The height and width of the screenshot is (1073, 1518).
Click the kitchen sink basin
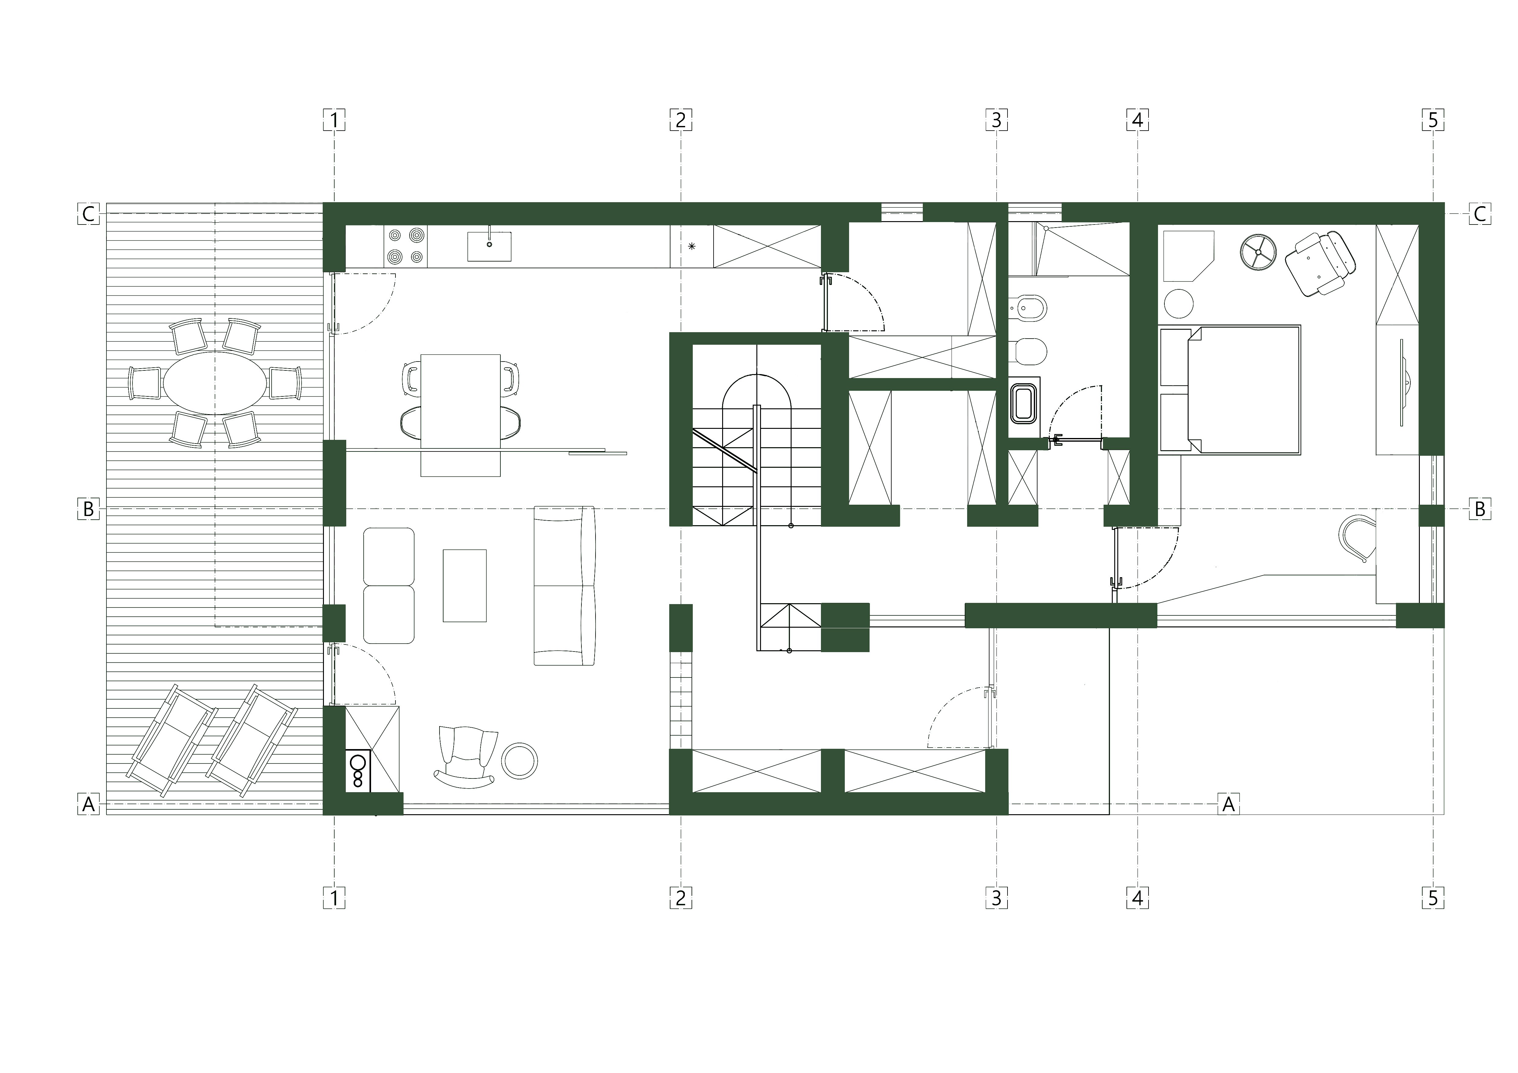[489, 246]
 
